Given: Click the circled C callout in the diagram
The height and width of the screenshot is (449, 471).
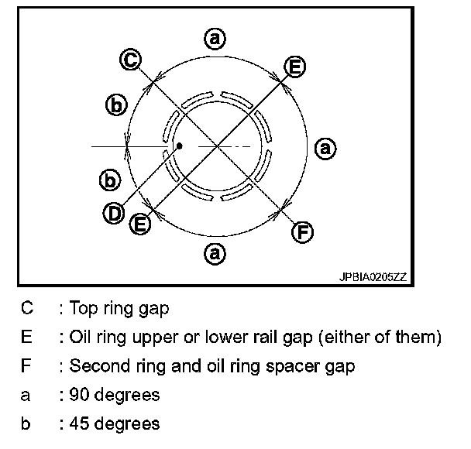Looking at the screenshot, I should [x=131, y=59].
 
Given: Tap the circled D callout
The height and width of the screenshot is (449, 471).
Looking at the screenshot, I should [x=114, y=211].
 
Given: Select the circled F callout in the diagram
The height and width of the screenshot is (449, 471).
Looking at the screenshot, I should [x=303, y=231].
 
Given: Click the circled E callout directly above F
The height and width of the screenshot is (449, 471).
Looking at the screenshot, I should [x=294, y=67].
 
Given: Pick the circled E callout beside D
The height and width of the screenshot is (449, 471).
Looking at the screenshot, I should [x=139, y=224].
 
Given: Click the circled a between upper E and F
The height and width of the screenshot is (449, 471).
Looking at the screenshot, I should [x=326, y=147].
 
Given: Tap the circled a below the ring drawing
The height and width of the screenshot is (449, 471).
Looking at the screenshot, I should [x=214, y=252].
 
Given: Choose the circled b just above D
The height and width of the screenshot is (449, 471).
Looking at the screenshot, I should [x=111, y=180].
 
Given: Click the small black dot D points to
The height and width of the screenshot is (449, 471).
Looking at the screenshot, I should [x=179, y=145].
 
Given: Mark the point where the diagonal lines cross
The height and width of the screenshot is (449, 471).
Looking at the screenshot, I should [x=218, y=145].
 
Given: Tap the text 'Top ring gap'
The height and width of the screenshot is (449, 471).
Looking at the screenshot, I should [x=119, y=308].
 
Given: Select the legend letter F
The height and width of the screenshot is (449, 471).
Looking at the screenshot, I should [x=27, y=365].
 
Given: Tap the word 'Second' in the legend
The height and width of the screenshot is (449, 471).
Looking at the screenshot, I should [x=95, y=365].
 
